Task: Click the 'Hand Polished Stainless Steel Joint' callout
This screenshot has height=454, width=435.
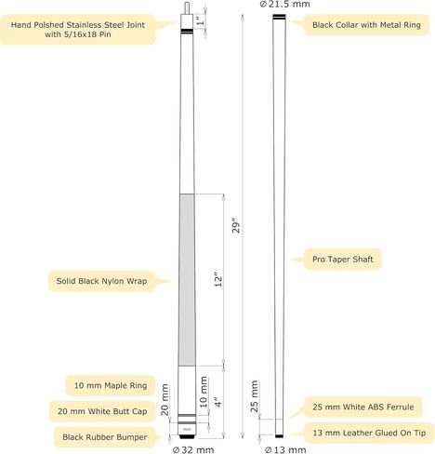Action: click(x=78, y=30)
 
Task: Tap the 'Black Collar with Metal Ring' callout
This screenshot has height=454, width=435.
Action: click(x=366, y=25)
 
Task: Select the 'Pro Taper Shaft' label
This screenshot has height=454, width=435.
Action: click(x=342, y=260)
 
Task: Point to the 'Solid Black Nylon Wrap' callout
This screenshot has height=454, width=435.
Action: click(x=101, y=281)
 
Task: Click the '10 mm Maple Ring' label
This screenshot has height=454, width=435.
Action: click(x=111, y=385)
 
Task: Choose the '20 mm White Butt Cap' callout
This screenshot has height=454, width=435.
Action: click(x=102, y=411)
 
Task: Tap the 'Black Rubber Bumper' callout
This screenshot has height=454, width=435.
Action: click(x=104, y=437)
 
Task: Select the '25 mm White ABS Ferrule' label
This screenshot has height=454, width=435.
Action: click(x=362, y=407)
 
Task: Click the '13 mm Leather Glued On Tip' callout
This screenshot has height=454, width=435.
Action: click(x=369, y=433)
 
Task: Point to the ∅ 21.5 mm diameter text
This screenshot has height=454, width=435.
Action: click(x=284, y=4)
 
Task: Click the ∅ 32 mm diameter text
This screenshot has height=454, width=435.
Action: click(x=192, y=449)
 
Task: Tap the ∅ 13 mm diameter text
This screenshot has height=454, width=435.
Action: click(x=285, y=449)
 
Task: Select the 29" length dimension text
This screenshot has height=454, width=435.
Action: click(x=236, y=227)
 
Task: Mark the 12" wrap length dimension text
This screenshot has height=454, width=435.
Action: click(x=218, y=280)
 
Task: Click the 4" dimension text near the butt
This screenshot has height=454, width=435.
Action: click(x=218, y=402)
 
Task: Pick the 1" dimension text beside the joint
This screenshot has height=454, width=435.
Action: click(x=201, y=21)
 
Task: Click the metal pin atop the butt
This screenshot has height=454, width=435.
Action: click(x=187, y=7)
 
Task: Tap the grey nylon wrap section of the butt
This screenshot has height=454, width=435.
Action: click(x=187, y=280)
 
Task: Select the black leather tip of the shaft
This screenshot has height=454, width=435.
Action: click(x=279, y=436)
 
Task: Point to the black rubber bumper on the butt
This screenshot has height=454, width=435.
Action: click(x=187, y=436)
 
